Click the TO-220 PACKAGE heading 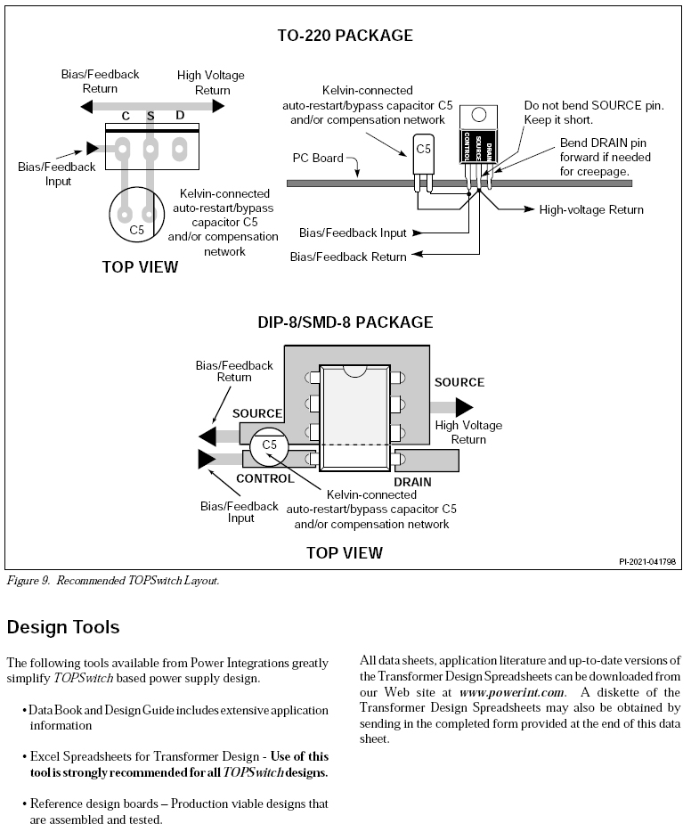point(345,36)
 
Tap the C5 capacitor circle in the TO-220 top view point(136,216)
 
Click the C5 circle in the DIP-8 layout point(269,445)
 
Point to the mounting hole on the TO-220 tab point(479,115)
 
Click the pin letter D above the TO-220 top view point(180,116)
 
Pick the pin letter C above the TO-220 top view point(126,116)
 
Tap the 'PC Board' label point(318,158)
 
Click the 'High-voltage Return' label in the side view point(591,209)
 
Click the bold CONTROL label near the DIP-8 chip point(264,478)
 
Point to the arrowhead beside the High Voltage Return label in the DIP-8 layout point(463,407)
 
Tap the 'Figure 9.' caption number point(28,581)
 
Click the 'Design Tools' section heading point(63,627)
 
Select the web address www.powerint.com point(512,692)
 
